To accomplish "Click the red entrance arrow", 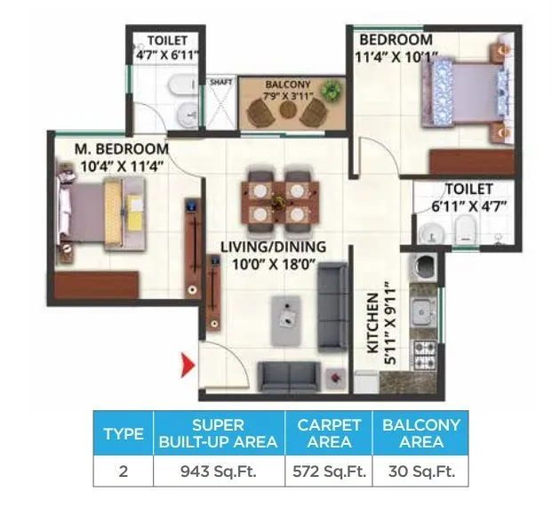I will pyautogui.click(x=188, y=365).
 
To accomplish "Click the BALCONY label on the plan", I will pyautogui.click(x=287, y=85).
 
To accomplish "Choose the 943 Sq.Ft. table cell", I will pyautogui.click(x=218, y=472).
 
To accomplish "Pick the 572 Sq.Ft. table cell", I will pyautogui.click(x=328, y=472).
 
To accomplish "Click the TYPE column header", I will pyautogui.click(x=124, y=434).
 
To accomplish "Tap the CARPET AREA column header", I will pyautogui.click(x=328, y=433).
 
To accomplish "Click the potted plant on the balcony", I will pyautogui.click(x=332, y=90).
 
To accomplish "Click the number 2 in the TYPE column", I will pyautogui.click(x=124, y=472).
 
